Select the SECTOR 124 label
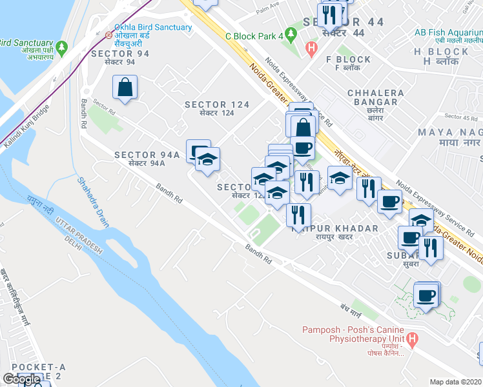[215, 104]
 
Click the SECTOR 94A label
[147, 155]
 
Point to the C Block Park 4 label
[254, 37]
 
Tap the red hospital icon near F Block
[312, 47]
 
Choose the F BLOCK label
[349, 59]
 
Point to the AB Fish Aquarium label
[448, 32]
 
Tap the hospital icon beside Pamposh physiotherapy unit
[414, 337]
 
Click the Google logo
[21, 379]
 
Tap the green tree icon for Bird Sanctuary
[62, 47]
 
